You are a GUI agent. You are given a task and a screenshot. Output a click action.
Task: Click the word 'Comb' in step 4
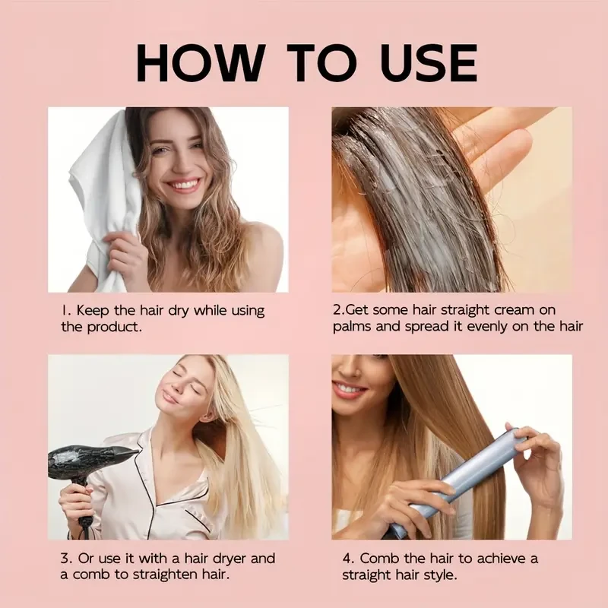click(x=378, y=559)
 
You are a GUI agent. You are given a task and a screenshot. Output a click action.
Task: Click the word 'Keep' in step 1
click(x=91, y=311)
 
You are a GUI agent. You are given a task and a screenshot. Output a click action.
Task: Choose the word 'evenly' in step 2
click(x=487, y=327)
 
